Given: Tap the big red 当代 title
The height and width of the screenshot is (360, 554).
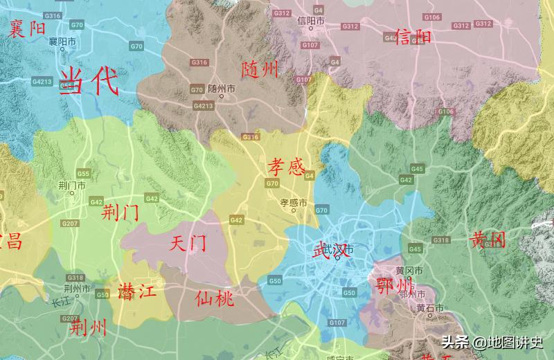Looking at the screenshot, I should (89, 82).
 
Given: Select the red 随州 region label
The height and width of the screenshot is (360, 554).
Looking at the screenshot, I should (260, 69).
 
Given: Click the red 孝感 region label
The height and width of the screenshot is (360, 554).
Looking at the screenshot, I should (287, 166).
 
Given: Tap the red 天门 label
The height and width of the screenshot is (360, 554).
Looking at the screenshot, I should (188, 243).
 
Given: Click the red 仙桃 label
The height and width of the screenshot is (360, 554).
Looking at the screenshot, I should (215, 298).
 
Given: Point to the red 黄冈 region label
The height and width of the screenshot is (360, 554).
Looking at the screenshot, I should (488, 240).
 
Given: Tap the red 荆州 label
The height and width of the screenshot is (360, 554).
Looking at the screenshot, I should (89, 327).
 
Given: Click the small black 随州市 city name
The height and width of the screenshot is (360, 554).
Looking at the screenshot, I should (222, 89).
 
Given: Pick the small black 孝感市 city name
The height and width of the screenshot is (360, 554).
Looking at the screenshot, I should (293, 203).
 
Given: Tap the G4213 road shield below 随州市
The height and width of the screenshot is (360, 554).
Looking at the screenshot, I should (203, 106).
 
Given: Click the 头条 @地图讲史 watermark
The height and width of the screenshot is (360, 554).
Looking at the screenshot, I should (494, 341).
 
